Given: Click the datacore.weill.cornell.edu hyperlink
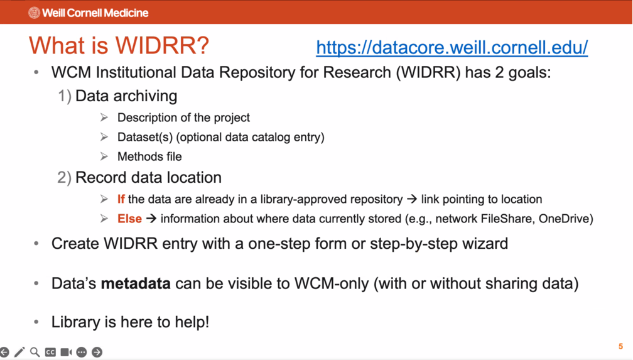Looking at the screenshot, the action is pos(452,48).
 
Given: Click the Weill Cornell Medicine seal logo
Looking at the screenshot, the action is pos(34,13).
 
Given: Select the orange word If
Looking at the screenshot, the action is pos(121,199).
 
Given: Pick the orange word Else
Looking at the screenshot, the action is pos(129,219).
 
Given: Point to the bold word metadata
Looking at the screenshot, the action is pos(136,283).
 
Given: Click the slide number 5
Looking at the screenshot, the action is pos(620,346).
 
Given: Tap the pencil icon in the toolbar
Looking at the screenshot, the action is pos(19,352).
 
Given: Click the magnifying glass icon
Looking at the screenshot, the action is pos(35,352).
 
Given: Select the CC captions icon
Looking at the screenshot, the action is pos(50,352).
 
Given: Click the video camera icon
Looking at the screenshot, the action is pos(66,352).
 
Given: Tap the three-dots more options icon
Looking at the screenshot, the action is pos(82,352).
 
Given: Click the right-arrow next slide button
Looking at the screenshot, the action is pos(97,352).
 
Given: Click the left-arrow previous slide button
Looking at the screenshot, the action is pos(4,352).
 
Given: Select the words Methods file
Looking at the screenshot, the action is pos(149,156).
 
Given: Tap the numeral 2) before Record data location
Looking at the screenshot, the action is pos(65,177).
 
